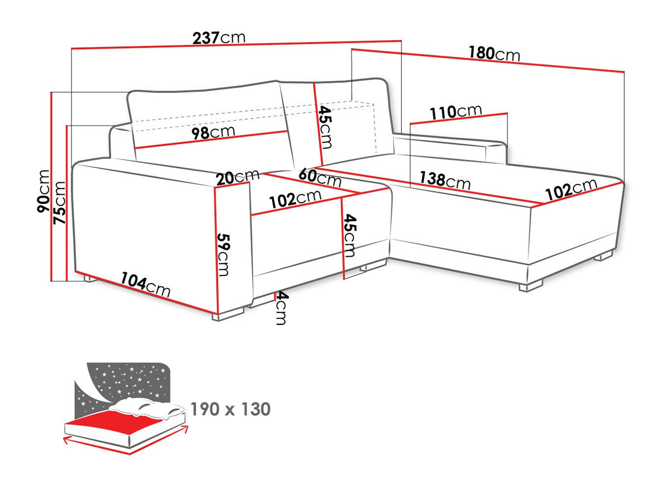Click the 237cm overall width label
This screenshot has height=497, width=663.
point(218,38)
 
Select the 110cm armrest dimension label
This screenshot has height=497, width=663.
point(456,112)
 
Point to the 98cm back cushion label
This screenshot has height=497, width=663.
point(213,132)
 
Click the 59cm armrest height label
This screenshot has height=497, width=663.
point(224,254)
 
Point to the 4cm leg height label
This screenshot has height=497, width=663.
point(280,308)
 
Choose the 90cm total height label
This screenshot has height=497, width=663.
point(44,191)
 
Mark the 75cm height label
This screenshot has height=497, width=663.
point(59,203)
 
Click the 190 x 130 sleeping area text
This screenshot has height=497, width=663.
point(230,409)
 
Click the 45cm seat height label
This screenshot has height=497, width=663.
point(349,235)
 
